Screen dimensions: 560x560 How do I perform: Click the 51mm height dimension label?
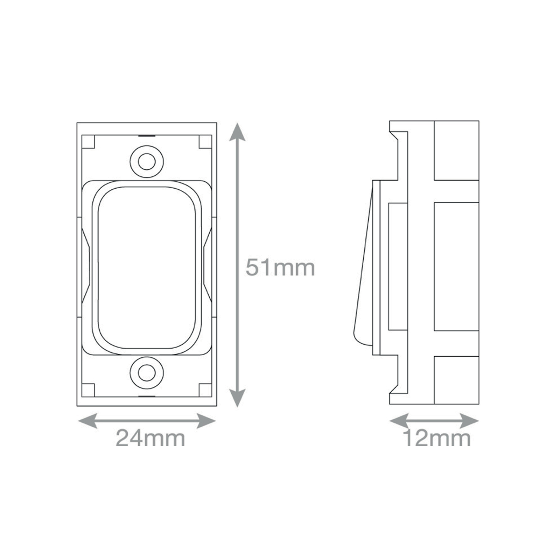tap(280, 268)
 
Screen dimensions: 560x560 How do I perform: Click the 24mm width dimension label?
tap(150, 438)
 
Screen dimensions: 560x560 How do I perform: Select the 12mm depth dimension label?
tap(437, 438)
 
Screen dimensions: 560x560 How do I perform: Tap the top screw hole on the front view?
tap(147, 162)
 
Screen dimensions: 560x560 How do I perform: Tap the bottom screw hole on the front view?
tap(147, 373)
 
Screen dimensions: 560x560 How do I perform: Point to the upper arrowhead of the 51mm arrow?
tap(237, 132)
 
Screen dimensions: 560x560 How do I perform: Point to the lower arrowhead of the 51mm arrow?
tap(237, 398)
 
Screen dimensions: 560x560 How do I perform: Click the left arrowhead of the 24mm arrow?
tap(87, 421)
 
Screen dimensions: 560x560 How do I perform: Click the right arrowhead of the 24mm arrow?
tap(206, 421)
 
